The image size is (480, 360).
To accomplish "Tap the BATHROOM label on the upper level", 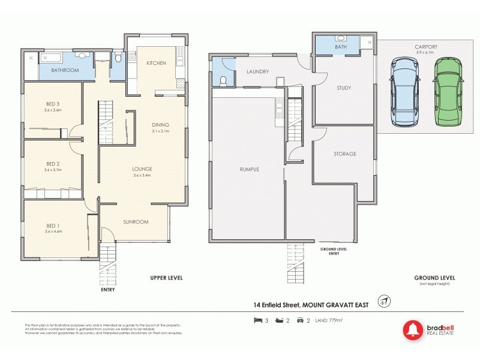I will pos(65,70).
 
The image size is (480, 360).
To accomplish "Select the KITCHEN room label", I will pos(157,62).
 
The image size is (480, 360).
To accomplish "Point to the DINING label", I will pos(161,124).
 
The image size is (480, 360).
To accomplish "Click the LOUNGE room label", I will pos(142,169).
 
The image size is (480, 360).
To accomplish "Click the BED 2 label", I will pos(53,163).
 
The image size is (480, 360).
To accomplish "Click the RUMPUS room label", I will pos(248,169).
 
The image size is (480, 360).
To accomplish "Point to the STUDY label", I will pos(344,88).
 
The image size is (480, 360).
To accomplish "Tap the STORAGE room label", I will pos(345,154).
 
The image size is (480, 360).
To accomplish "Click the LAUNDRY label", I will pos(257,71).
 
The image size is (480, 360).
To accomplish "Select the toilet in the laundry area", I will pos(223,80).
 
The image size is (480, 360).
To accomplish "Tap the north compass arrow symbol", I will pos(382,301).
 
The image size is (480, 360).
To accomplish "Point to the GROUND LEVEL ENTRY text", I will pos(334,251).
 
